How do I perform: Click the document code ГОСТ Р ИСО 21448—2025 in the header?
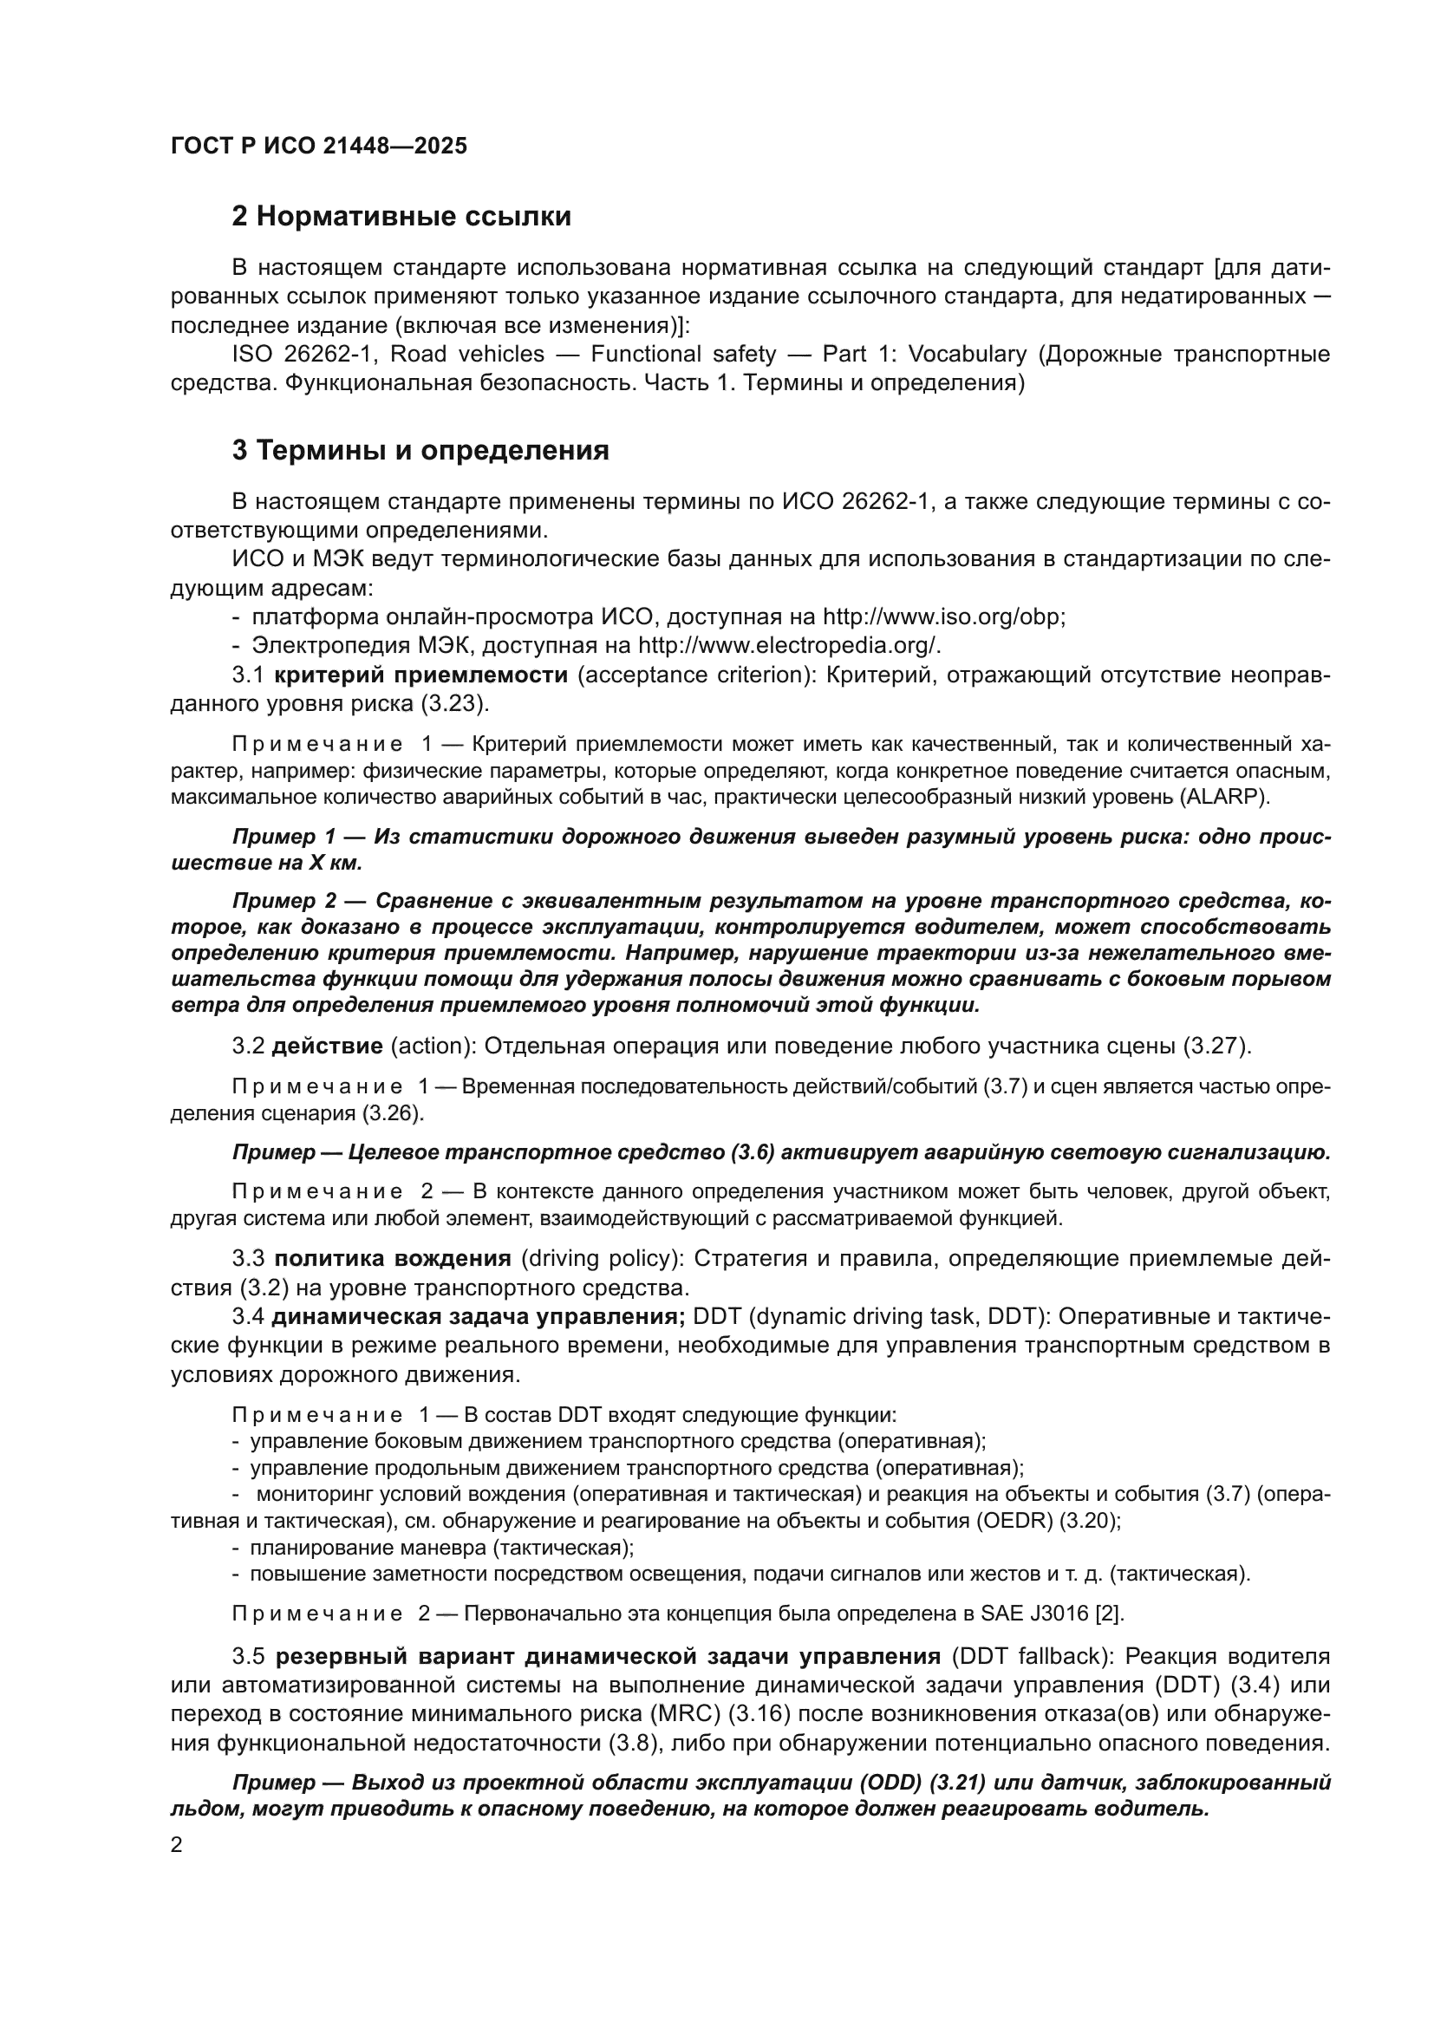coord(319,147)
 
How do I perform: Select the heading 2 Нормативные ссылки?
coord(401,217)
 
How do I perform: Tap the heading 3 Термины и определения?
coord(420,451)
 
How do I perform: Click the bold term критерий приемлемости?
coord(420,675)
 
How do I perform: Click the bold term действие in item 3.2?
coord(327,1047)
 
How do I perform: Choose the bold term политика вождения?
coord(392,1259)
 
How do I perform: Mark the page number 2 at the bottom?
coord(177,1845)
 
